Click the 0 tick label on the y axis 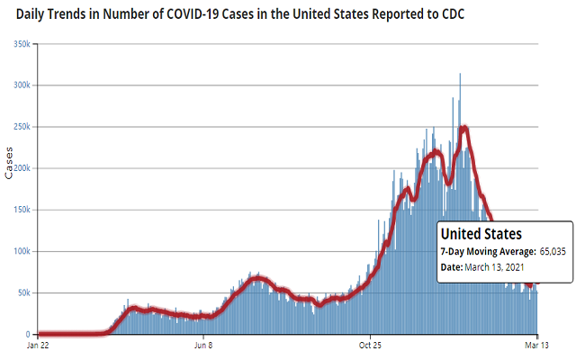31,334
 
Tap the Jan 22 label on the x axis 38,345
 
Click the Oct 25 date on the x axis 372,345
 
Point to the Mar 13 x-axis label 537,345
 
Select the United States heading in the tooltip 481,234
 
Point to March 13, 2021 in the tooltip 507,268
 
